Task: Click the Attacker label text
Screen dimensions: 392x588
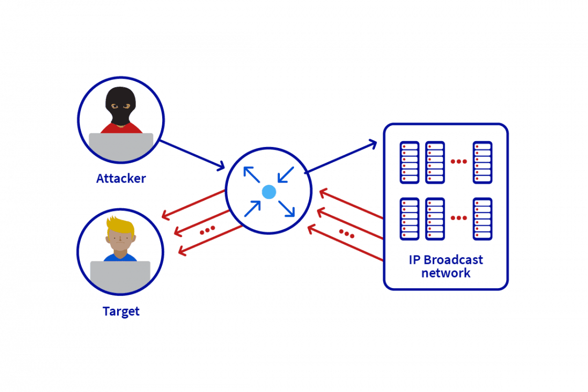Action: (121, 179)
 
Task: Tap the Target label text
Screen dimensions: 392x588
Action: (121, 311)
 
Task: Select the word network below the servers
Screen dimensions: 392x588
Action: (446, 273)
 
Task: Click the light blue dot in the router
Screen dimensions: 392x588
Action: (269, 192)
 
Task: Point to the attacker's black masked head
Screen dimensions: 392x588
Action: (120, 104)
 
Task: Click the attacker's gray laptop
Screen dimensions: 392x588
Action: (121, 146)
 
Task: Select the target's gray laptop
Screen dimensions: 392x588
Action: (120, 277)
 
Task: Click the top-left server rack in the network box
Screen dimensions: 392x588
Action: (409, 162)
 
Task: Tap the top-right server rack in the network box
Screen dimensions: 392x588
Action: (482, 162)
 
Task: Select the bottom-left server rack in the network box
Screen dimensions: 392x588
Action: (409, 218)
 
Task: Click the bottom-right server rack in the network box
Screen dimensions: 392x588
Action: (482, 218)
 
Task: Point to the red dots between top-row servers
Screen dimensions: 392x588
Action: (458, 161)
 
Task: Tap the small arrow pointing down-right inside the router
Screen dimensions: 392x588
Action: (287, 208)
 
